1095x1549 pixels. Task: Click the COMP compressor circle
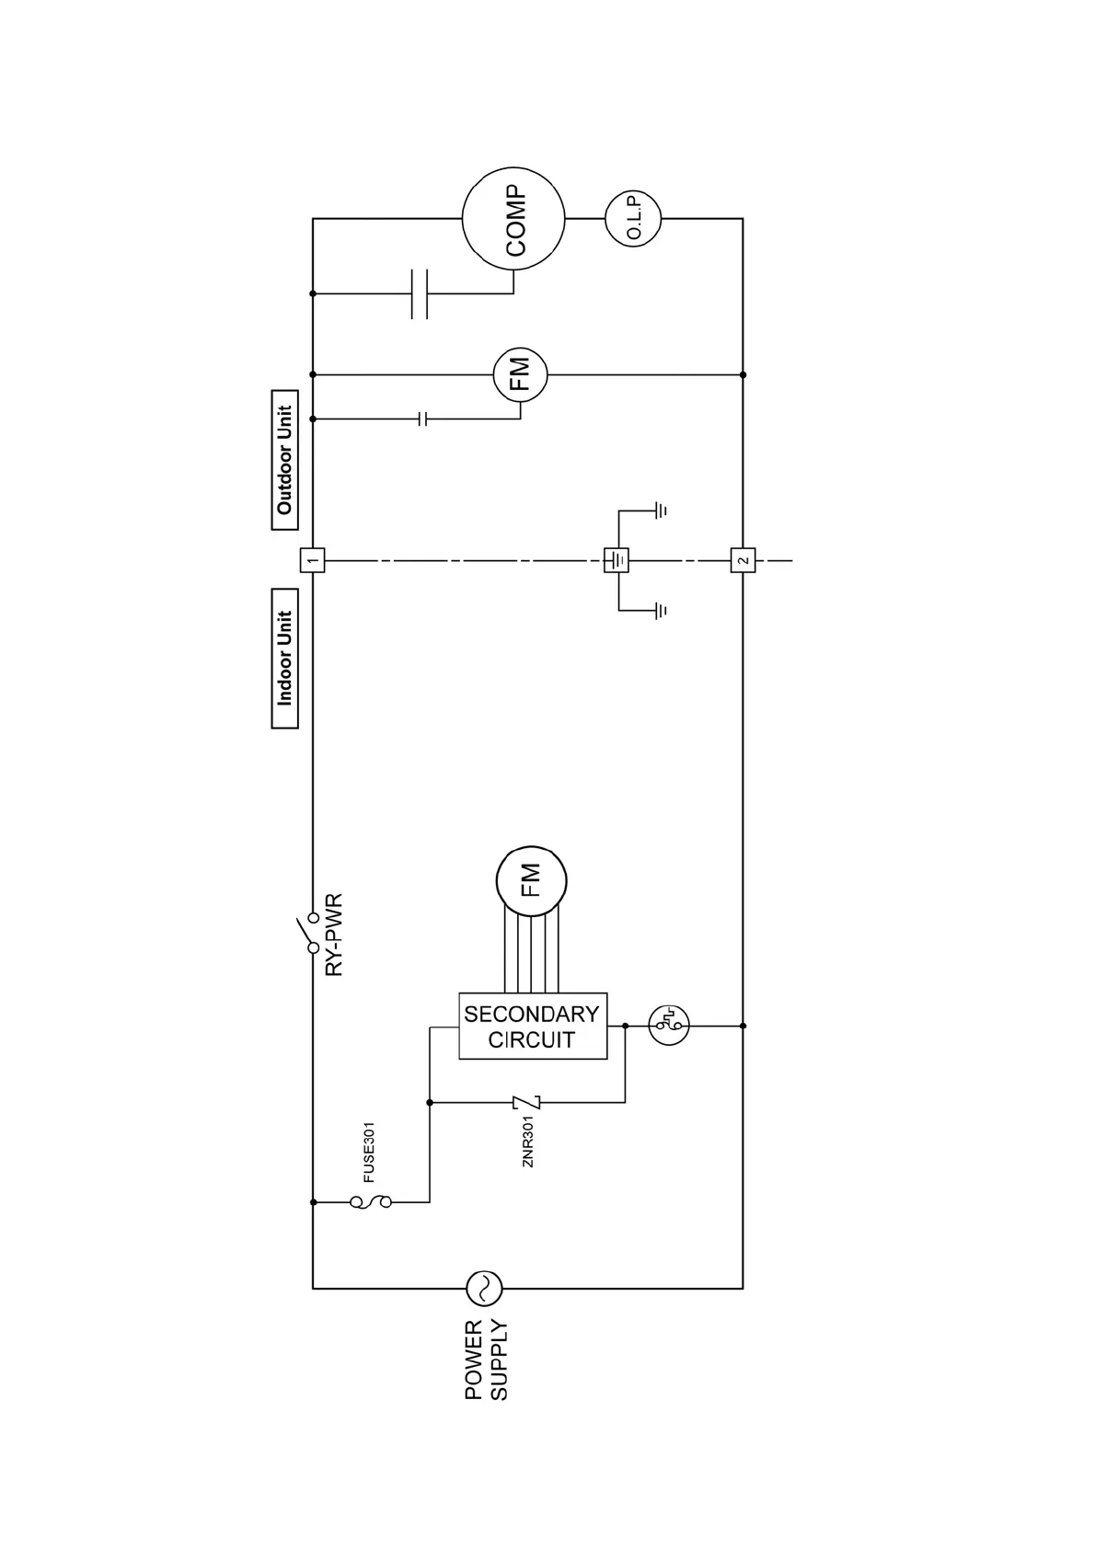513,219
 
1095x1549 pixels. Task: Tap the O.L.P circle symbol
633,219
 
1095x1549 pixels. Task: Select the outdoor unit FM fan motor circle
520,375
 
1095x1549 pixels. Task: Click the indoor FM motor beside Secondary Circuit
531,881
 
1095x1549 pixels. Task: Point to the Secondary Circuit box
533,1026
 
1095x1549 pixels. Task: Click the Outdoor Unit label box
285,460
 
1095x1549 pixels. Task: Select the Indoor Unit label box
285,659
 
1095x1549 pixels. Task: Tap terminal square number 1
313,559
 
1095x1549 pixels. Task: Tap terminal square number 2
743,559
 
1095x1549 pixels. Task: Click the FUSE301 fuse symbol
370,1201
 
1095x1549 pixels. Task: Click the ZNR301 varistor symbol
526,1102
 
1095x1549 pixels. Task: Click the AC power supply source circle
484,1288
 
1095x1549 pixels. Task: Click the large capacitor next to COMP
420,293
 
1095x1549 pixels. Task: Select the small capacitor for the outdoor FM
423,419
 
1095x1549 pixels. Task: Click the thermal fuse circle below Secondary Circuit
669,1025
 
